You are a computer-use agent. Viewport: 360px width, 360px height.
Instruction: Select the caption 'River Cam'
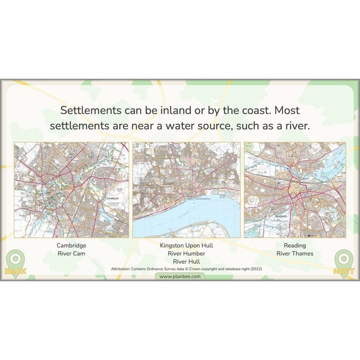pyautogui.click(x=71, y=254)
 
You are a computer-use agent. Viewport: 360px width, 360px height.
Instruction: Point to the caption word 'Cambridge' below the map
pyautogui.click(x=71, y=246)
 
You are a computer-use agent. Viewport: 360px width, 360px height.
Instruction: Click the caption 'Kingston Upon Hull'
pyautogui.click(x=186, y=246)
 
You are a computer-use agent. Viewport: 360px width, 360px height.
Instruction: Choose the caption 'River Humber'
pyautogui.click(x=186, y=253)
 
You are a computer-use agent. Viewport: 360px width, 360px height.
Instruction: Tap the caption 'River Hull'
pyautogui.click(x=186, y=261)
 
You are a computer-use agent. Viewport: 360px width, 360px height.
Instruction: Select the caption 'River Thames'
pyautogui.click(x=295, y=254)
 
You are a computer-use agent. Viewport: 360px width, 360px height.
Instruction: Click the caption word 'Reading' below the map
pyautogui.click(x=295, y=246)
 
